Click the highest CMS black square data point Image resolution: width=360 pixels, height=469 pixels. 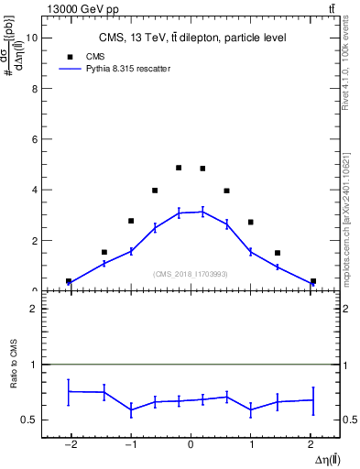click(x=179, y=168)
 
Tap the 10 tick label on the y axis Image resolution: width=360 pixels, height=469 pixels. click(x=32, y=38)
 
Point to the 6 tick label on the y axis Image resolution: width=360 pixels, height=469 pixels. click(x=34, y=139)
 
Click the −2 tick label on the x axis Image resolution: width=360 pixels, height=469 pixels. click(x=69, y=444)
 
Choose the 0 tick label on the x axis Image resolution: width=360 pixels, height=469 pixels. click(x=191, y=444)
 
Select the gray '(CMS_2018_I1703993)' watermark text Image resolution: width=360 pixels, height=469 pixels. click(x=191, y=274)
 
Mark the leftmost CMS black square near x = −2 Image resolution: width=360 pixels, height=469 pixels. click(x=69, y=281)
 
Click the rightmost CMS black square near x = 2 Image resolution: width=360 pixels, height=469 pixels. click(x=313, y=281)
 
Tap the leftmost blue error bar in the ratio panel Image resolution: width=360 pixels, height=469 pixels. click(x=69, y=391)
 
